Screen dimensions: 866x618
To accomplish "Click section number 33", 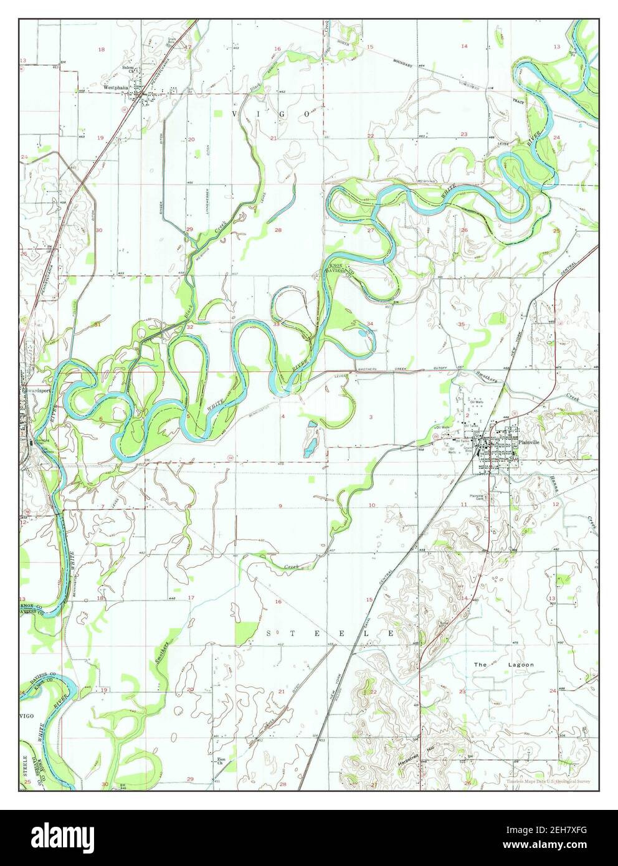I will click(x=275, y=324).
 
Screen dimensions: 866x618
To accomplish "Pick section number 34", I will click(x=370, y=324).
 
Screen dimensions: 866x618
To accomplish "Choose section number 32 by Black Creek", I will click(x=189, y=326).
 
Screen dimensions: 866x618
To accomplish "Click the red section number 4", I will click(x=283, y=416).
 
